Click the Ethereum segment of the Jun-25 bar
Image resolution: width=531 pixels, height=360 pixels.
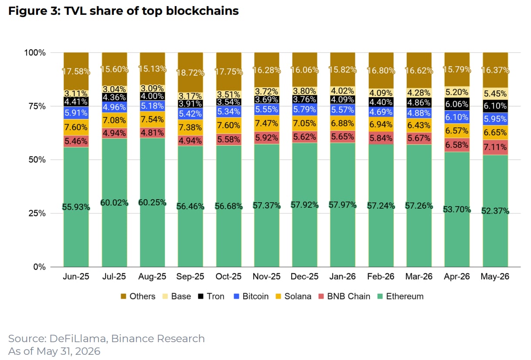(76, 207)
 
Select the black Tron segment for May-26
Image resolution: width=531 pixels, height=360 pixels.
(495, 106)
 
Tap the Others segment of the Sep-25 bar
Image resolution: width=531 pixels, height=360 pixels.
(191, 72)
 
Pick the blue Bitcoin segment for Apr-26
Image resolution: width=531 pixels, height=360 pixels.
(457, 117)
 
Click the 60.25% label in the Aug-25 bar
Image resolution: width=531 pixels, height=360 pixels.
(152, 203)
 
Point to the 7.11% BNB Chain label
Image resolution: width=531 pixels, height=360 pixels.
(495, 147)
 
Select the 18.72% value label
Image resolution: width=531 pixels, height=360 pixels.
(191, 72)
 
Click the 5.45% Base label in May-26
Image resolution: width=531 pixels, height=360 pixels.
(495, 94)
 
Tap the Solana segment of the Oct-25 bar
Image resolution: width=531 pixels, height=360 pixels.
(229, 126)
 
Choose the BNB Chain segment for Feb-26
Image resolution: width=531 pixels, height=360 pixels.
(381, 138)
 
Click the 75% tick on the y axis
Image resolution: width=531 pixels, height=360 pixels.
(37, 106)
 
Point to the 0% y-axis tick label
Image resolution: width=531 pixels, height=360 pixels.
(39, 267)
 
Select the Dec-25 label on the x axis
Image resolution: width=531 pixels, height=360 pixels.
(304, 276)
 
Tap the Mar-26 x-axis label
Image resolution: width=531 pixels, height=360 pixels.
(419, 276)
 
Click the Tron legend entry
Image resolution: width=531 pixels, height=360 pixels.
(211, 296)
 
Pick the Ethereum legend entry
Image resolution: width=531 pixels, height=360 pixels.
(400, 296)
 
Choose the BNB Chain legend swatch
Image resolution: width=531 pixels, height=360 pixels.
(321, 296)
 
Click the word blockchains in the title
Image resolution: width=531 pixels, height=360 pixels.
(202, 11)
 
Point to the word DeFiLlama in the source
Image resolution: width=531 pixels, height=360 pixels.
(79, 339)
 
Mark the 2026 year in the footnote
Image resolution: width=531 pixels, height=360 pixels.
(88, 351)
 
